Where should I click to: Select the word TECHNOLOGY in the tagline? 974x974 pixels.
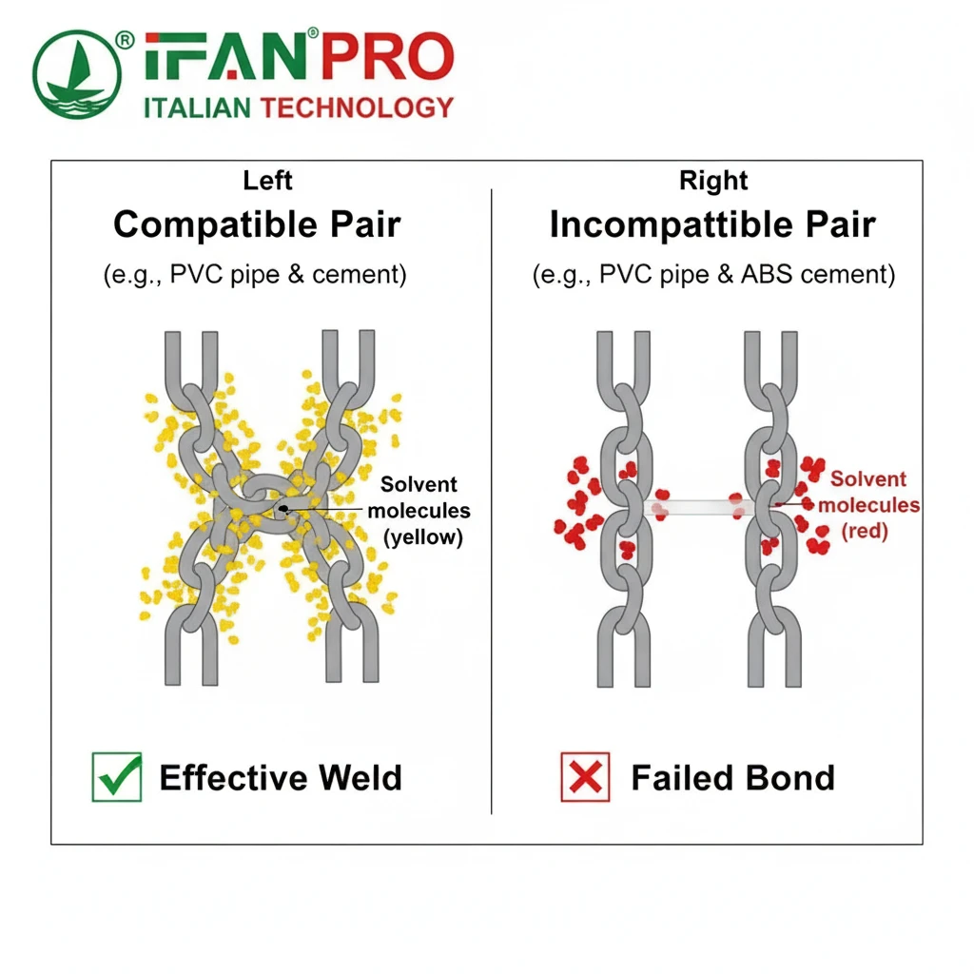tap(356, 107)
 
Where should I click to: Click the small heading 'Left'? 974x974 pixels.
tap(267, 180)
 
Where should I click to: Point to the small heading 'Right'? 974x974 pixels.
tap(713, 180)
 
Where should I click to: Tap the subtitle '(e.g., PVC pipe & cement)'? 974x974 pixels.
tap(255, 275)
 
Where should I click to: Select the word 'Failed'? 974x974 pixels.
tap(678, 777)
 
